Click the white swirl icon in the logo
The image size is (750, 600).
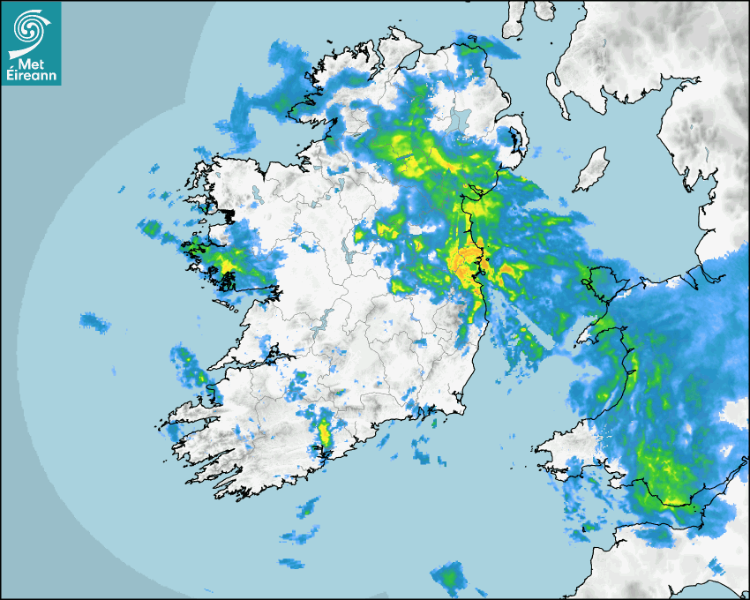coord(30,26)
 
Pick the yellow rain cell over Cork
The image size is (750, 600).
coord(324,432)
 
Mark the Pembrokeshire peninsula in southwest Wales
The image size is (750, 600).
coord(560,450)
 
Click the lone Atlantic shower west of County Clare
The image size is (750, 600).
coord(94,322)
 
